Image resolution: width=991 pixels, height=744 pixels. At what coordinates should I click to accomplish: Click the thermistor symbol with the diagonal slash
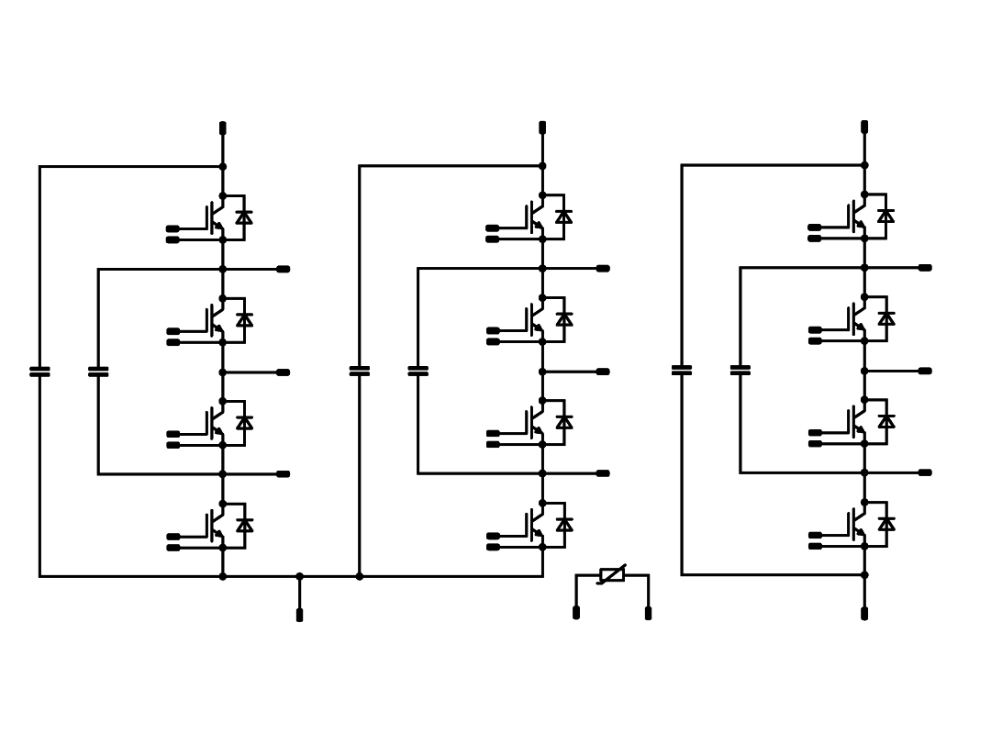click(612, 574)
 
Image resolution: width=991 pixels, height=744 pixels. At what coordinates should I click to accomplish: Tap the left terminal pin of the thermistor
click(576, 612)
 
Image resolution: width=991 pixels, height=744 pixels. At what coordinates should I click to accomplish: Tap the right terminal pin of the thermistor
click(648, 612)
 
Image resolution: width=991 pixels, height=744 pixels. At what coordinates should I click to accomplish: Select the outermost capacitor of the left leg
click(39, 372)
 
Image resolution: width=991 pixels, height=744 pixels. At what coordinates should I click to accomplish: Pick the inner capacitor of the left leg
click(98, 372)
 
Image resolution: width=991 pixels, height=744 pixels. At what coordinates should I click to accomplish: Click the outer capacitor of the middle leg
click(359, 371)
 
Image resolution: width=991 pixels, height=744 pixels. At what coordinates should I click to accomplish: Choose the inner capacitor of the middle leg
click(418, 371)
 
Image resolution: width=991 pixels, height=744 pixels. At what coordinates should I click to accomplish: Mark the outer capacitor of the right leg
click(682, 370)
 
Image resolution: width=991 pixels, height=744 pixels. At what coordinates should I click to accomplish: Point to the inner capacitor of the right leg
click(740, 370)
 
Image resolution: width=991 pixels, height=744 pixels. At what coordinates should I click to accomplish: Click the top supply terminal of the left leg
click(222, 128)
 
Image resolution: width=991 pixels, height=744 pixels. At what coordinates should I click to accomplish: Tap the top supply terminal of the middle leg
click(542, 128)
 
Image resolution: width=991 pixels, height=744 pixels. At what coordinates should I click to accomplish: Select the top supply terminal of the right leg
click(864, 127)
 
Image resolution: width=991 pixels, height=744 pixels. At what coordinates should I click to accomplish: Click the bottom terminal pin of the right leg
click(864, 613)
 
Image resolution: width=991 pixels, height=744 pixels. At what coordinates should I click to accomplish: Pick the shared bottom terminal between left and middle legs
click(299, 614)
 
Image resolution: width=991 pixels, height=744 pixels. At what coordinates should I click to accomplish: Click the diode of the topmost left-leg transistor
click(244, 217)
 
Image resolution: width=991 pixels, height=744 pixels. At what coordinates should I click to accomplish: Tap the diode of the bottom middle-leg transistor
click(564, 525)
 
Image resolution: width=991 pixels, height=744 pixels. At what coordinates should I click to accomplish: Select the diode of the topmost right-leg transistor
click(885, 216)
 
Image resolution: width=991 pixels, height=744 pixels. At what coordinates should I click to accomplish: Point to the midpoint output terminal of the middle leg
click(602, 372)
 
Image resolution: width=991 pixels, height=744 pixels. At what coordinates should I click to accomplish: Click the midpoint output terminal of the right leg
click(924, 371)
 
